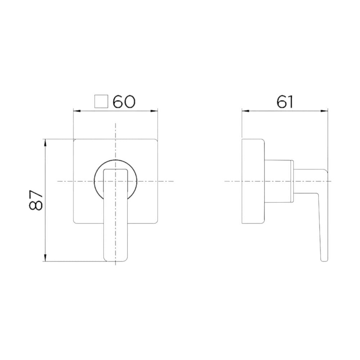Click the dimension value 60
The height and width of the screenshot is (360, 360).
pyautogui.click(x=124, y=102)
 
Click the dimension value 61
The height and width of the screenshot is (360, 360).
pyautogui.click(x=284, y=102)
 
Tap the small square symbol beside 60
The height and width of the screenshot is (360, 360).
pyautogui.click(x=101, y=102)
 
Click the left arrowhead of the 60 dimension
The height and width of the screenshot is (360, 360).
pyautogui.click(x=76, y=111)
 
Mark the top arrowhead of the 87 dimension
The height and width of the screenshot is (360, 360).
pyautogui.click(x=45, y=141)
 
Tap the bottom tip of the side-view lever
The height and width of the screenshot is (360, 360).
pyautogui.click(x=324, y=259)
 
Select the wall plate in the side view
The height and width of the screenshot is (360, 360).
pyautogui.click(x=253, y=181)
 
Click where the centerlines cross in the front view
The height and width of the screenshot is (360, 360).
pyautogui.click(x=116, y=181)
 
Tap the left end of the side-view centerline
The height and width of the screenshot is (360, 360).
pyautogui.click(x=225, y=181)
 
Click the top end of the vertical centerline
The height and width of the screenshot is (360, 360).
pyautogui.click(x=116, y=123)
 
